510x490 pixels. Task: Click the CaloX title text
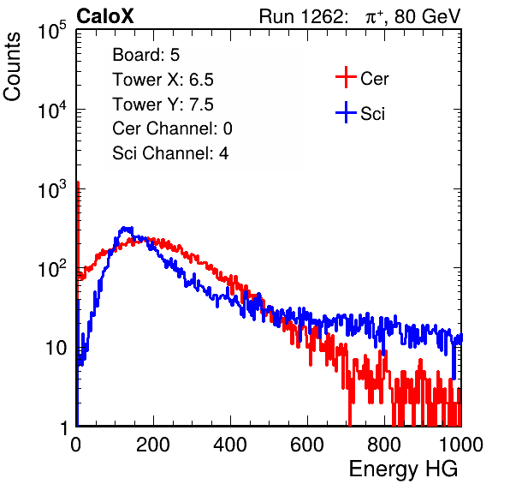click(x=104, y=16)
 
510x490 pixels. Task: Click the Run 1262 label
click(x=301, y=16)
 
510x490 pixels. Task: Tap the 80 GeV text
click(x=427, y=16)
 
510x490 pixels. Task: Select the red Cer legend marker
click(x=346, y=77)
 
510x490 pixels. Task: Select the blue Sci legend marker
click(x=346, y=112)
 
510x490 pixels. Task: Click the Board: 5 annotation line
click(x=145, y=55)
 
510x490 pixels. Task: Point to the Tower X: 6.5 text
click(x=163, y=80)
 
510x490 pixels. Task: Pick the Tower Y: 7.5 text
click(x=163, y=105)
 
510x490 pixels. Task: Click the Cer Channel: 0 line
click(x=172, y=128)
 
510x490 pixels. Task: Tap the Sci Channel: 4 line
click(x=170, y=153)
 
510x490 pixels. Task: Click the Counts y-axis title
click(x=12, y=66)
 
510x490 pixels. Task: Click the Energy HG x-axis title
click(x=403, y=469)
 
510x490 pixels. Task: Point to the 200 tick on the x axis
click(x=153, y=445)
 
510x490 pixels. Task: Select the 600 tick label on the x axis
click(x=307, y=445)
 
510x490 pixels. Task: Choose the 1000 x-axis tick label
click(x=461, y=445)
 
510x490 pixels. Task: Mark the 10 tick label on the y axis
click(x=56, y=348)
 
